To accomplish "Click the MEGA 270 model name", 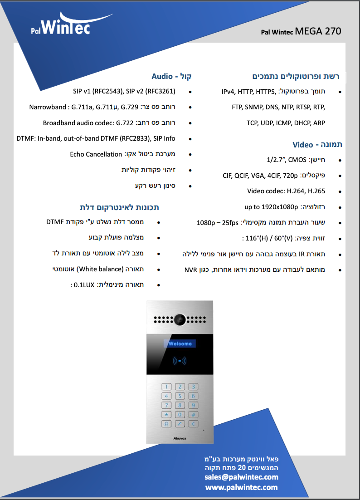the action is (x=318, y=31).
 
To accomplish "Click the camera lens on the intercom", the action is (x=180, y=319).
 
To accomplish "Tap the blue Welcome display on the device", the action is (x=180, y=343).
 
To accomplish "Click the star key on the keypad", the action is (x=166, y=415).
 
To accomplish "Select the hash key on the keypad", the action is (x=193, y=415).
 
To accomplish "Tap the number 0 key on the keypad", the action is (x=180, y=415).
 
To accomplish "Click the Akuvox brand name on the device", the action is (x=180, y=438).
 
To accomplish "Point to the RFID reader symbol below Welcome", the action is (x=180, y=361).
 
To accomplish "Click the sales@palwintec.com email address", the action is (x=242, y=477).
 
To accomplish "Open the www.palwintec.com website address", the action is (x=242, y=487).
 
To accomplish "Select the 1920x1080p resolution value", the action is (x=280, y=207).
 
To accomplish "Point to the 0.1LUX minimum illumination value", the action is (x=84, y=285).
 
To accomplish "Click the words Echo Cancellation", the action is (x=96, y=154).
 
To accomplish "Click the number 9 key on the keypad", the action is (x=193, y=405).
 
